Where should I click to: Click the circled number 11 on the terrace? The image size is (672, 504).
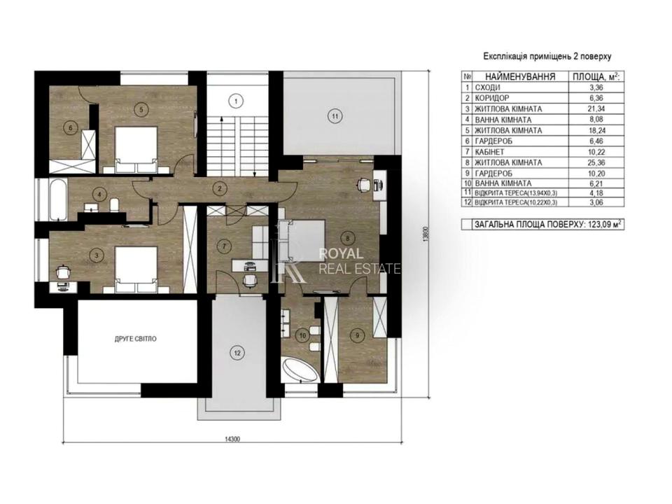pyautogui.click(x=335, y=116)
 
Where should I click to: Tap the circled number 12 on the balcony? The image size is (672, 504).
pyautogui.click(x=237, y=353)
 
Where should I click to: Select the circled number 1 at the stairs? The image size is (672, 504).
pyautogui.click(x=235, y=101)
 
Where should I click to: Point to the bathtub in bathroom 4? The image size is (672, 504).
pyautogui.click(x=57, y=199)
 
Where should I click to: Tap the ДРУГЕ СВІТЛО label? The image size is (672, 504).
pyautogui.click(x=135, y=339)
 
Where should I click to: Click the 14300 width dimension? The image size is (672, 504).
pyautogui.click(x=232, y=439)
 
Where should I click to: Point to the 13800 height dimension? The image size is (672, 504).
pyautogui.click(x=426, y=235)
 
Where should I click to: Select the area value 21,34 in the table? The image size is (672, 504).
pyautogui.click(x=596, y=109)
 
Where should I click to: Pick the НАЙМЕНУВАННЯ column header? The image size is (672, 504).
pyautogui.click(x=520, y=77)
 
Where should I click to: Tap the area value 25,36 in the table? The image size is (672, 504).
pyautogui.click(x=596, y=162)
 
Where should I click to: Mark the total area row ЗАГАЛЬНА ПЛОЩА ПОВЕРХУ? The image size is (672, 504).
pyautogui.click(x=542, y=225)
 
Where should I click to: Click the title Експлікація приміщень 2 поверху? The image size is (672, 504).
pyautogui.click(x=547, y=56)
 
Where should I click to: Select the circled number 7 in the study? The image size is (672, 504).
pyautogui.click(x=223, y=246)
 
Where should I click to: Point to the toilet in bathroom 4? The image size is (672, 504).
pyautogui.click(x=114, y=205)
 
